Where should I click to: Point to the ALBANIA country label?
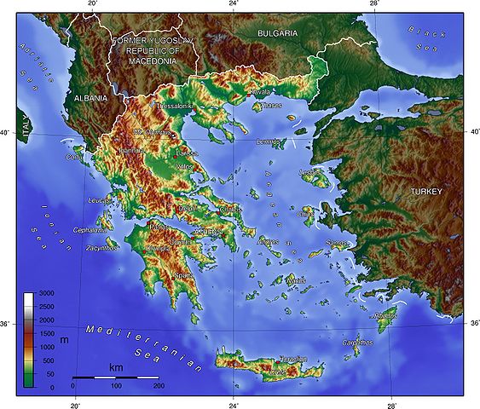[x=90, y=98]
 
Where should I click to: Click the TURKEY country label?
[x=426, y=192]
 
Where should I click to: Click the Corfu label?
[x=75, y=157]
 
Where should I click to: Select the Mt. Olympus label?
[x=151, y=133]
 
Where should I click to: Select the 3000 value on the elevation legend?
[x=47, y=294]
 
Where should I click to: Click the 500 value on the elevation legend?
[x=47, y=352]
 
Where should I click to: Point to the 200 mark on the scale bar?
[x=159, y=386]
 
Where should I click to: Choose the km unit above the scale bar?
[x=116, y=367]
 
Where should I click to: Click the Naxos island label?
[x=296, y=280]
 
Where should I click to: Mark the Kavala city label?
[x=259, y=91]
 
